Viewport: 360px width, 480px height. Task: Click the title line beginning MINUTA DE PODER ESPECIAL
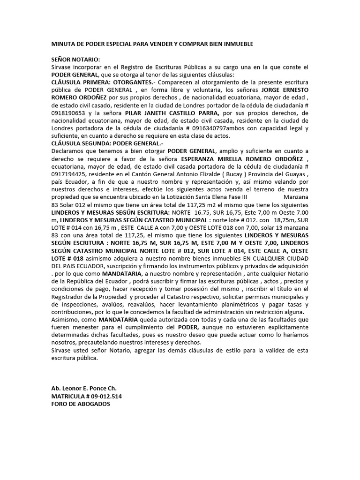(152, 44)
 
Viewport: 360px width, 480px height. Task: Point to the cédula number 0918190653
(68, 112)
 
